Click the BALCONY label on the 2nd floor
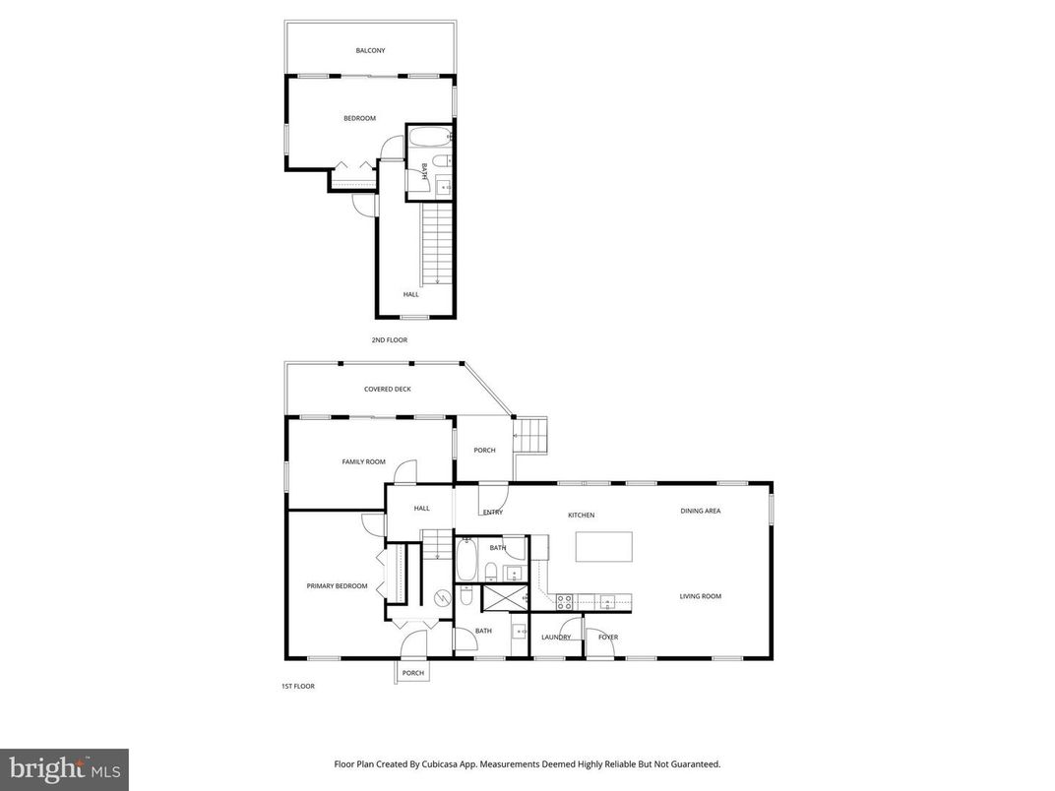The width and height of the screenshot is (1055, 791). tap(371, 50)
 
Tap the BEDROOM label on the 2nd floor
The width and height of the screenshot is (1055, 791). tap(359, 118)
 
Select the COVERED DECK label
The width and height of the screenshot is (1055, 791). tap(388, 389)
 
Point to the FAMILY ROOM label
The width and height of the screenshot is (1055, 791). tap(363, 461)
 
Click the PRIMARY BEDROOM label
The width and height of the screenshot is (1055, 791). tap(337, 585)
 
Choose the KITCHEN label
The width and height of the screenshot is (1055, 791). tap(581, 515)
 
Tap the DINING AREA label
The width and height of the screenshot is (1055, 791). tap(701, 511)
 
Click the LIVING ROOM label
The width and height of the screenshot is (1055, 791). tap(701, 596)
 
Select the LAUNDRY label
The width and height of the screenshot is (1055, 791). tap(556, 637)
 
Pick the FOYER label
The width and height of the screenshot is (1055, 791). tap(608, 637)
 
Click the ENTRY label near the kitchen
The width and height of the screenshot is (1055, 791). tap(493, 512)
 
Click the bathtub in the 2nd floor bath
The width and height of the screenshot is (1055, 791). tap(429, 137)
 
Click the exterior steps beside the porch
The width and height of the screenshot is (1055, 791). tap(531, 435)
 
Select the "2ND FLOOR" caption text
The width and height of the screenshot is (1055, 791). tap(389, 339)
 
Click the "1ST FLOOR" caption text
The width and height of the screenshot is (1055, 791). tap(297, 686)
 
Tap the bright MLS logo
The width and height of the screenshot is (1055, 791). tap(64, 769)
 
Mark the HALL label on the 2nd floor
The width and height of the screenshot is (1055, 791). tap(410, 294)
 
